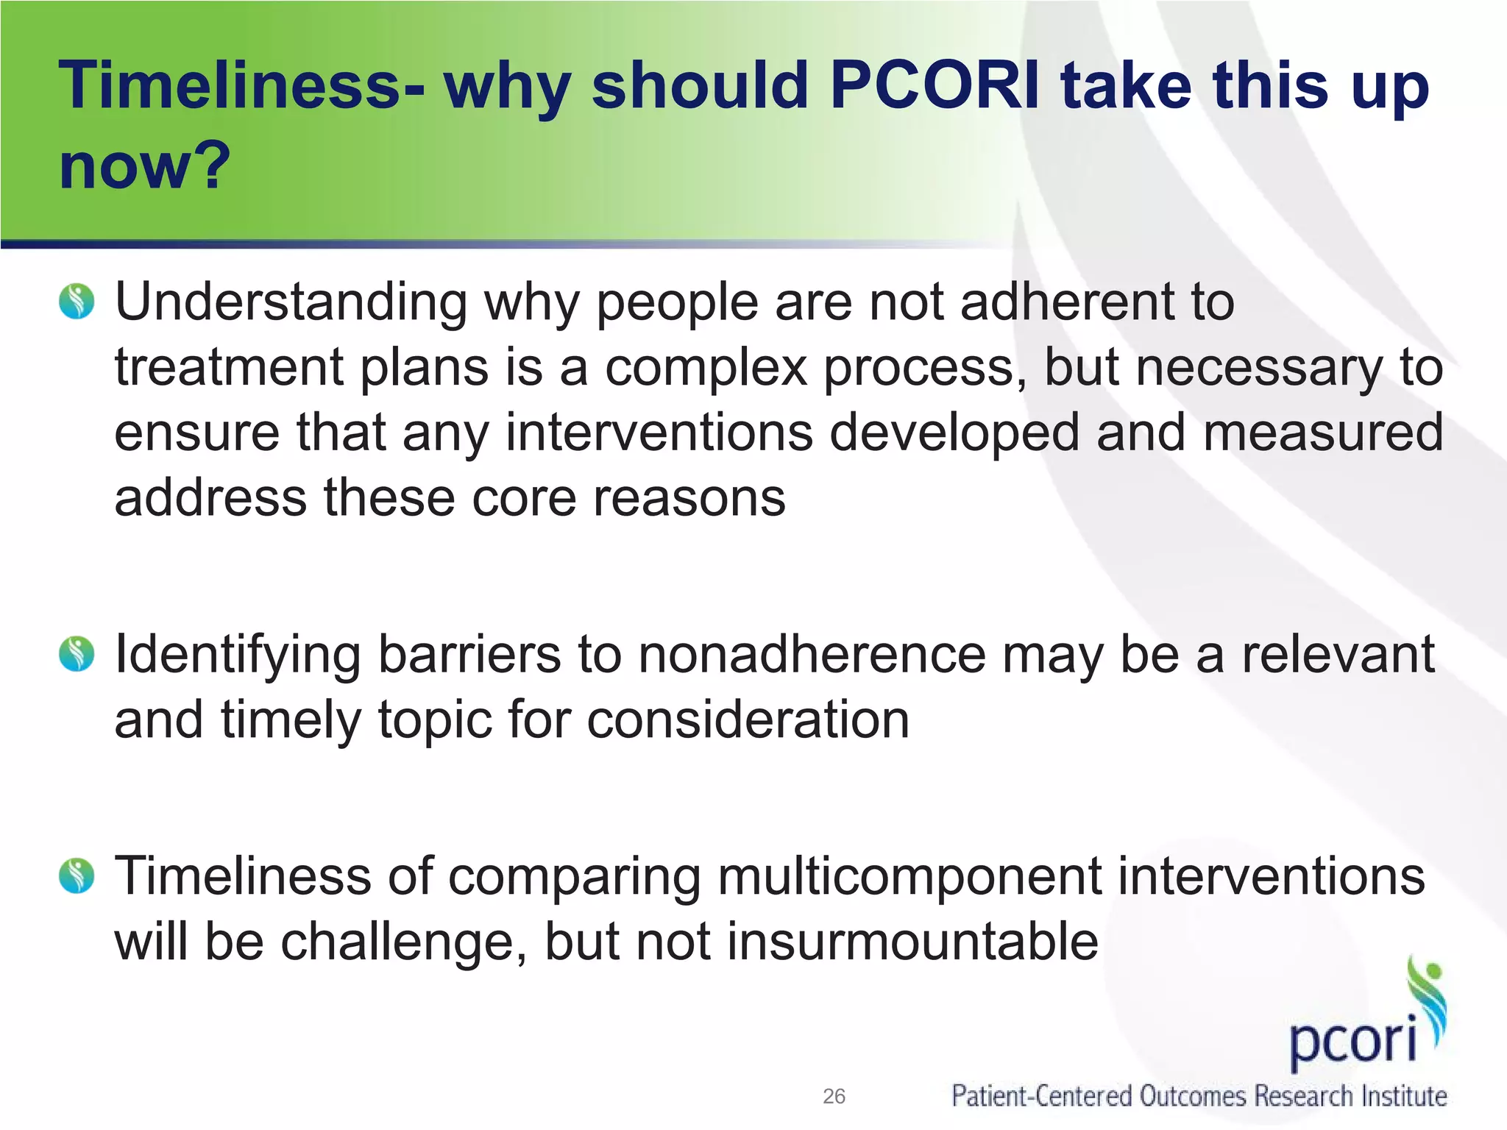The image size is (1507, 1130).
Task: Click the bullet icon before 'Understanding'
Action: click(77, 302)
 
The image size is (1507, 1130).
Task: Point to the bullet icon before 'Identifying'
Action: click(77, 654)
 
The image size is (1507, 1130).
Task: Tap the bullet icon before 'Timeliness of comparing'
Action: click(77, 876)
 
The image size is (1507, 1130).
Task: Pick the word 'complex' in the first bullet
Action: click(706, 368)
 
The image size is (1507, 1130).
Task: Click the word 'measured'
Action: click(1323, 433)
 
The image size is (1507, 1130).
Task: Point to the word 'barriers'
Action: click(469, 654)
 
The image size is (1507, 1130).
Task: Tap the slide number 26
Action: click(834, 1096)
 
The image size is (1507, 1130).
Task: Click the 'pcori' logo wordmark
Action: click(1352, 1039)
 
